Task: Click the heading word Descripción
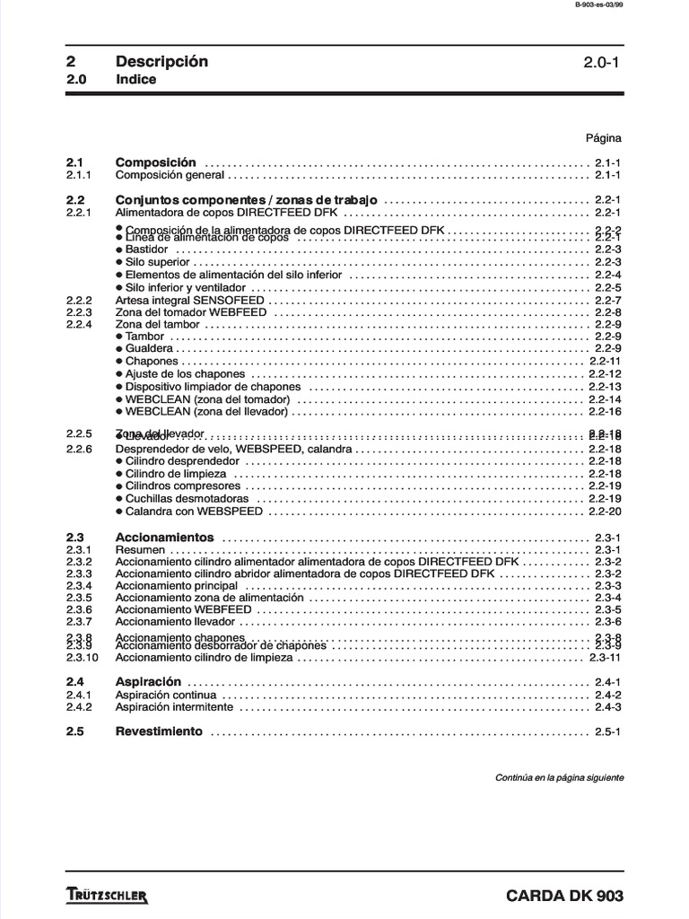(x=161, y=62)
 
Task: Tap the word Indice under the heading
(x=135, y=80)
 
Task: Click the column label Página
(x=603, y=138)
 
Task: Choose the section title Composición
(x=155, y=162)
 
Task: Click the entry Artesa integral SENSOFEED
(x=189, y=300)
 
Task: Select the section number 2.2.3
(x=79, y=312)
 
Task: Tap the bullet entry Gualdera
(x=149, y=348)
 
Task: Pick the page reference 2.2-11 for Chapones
(x=605, y=361)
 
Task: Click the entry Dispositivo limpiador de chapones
(x=213, y=387)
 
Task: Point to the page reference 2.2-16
(x=605, y=412)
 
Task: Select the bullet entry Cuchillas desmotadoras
(x=187, y=498)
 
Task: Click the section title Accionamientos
(x=165, y=537)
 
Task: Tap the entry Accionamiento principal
(x=177, y=586)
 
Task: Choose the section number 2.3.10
(x=82, y=657)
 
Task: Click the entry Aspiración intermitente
(x=174, y=707)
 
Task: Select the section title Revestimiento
(x=159, y=731)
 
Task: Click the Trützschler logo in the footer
(x=107, y=896)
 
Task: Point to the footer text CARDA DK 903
(x=564, y=896)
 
